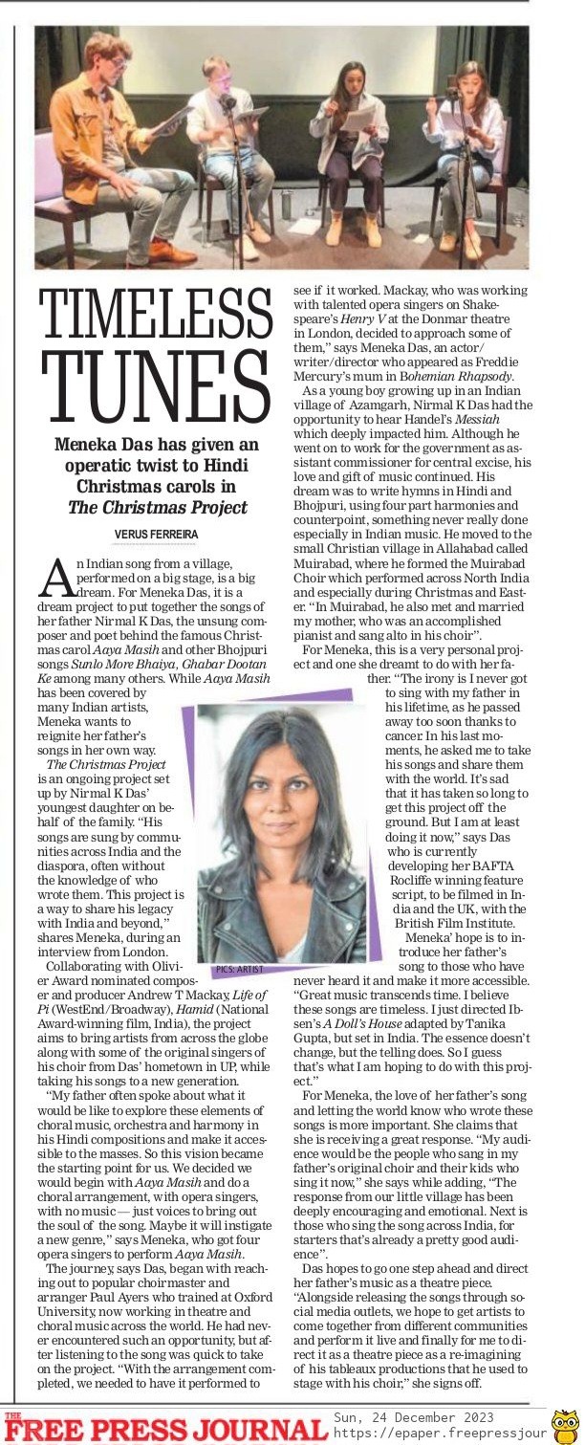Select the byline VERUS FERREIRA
click(158, 533)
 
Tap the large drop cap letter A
click(55, 578)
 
